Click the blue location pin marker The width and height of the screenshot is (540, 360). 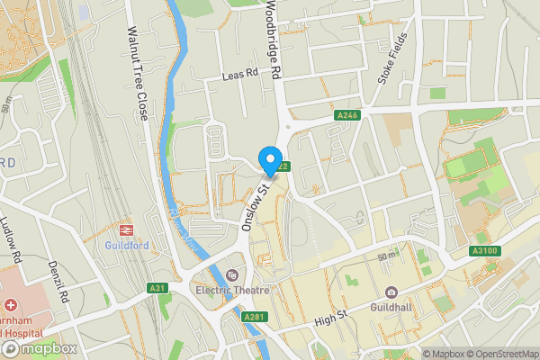[269, 159]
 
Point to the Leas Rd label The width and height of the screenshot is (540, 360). [241, 77]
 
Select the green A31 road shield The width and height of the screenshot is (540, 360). [158, 288]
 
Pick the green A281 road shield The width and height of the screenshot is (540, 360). [254, 317]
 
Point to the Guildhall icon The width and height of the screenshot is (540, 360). [391, 292]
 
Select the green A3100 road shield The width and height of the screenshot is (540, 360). [484, 249]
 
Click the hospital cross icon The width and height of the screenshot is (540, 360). [11, 306]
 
